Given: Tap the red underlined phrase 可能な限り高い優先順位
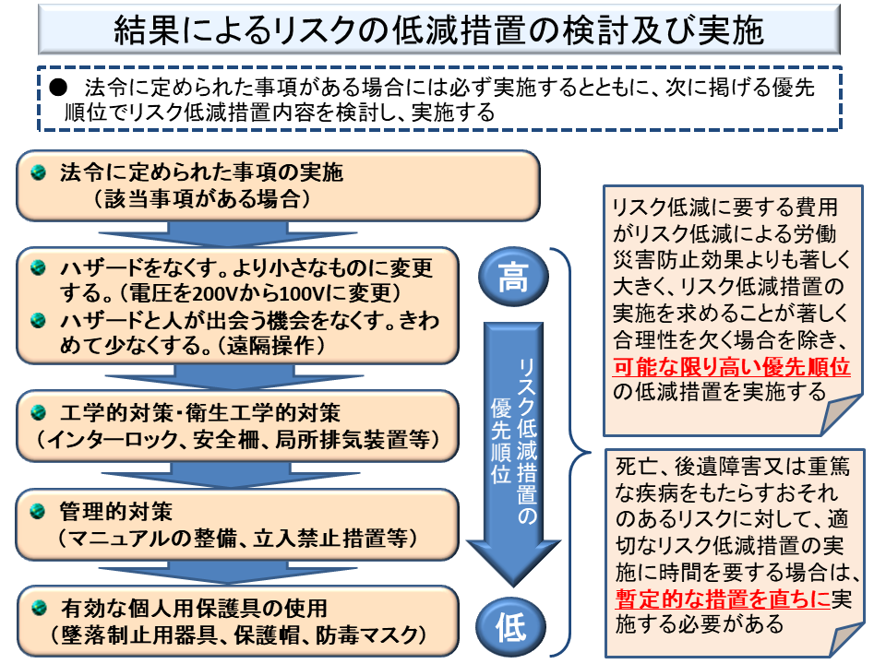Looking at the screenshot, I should tap(731, 367).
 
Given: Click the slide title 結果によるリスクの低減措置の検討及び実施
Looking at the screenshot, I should tap(438, 30).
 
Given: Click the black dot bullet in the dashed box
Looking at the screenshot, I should tap(55, 87).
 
